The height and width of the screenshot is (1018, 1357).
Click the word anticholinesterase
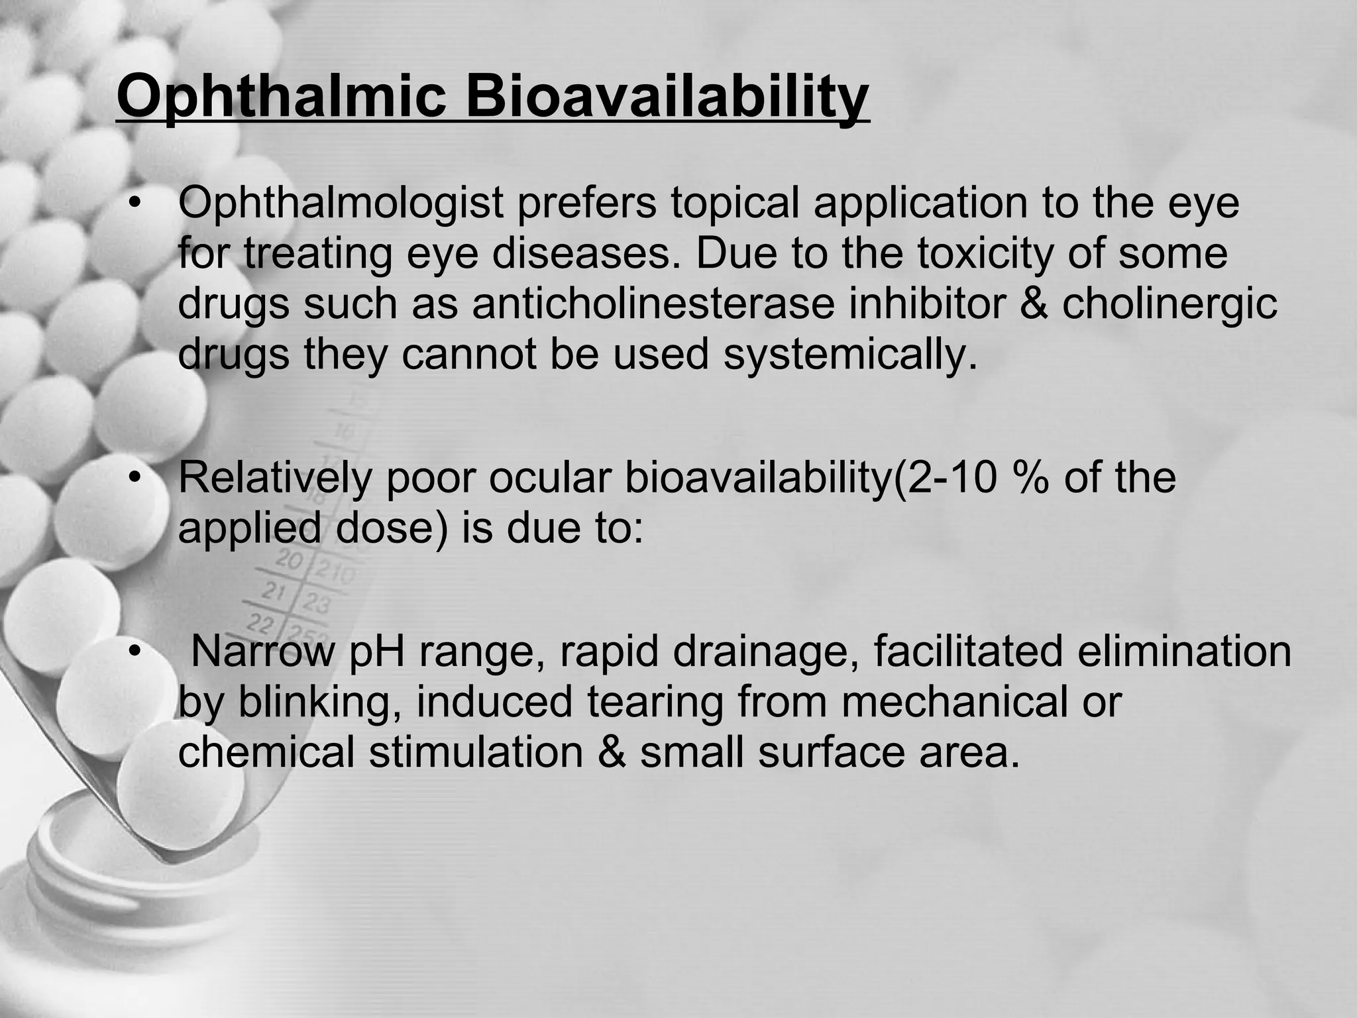pyautogui.click(x=653, y=304)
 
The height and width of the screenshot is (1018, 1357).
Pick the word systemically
pyautogui.click(x=850, y=355)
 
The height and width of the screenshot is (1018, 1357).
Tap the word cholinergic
pyautogui.click(x=1169, y=304)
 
